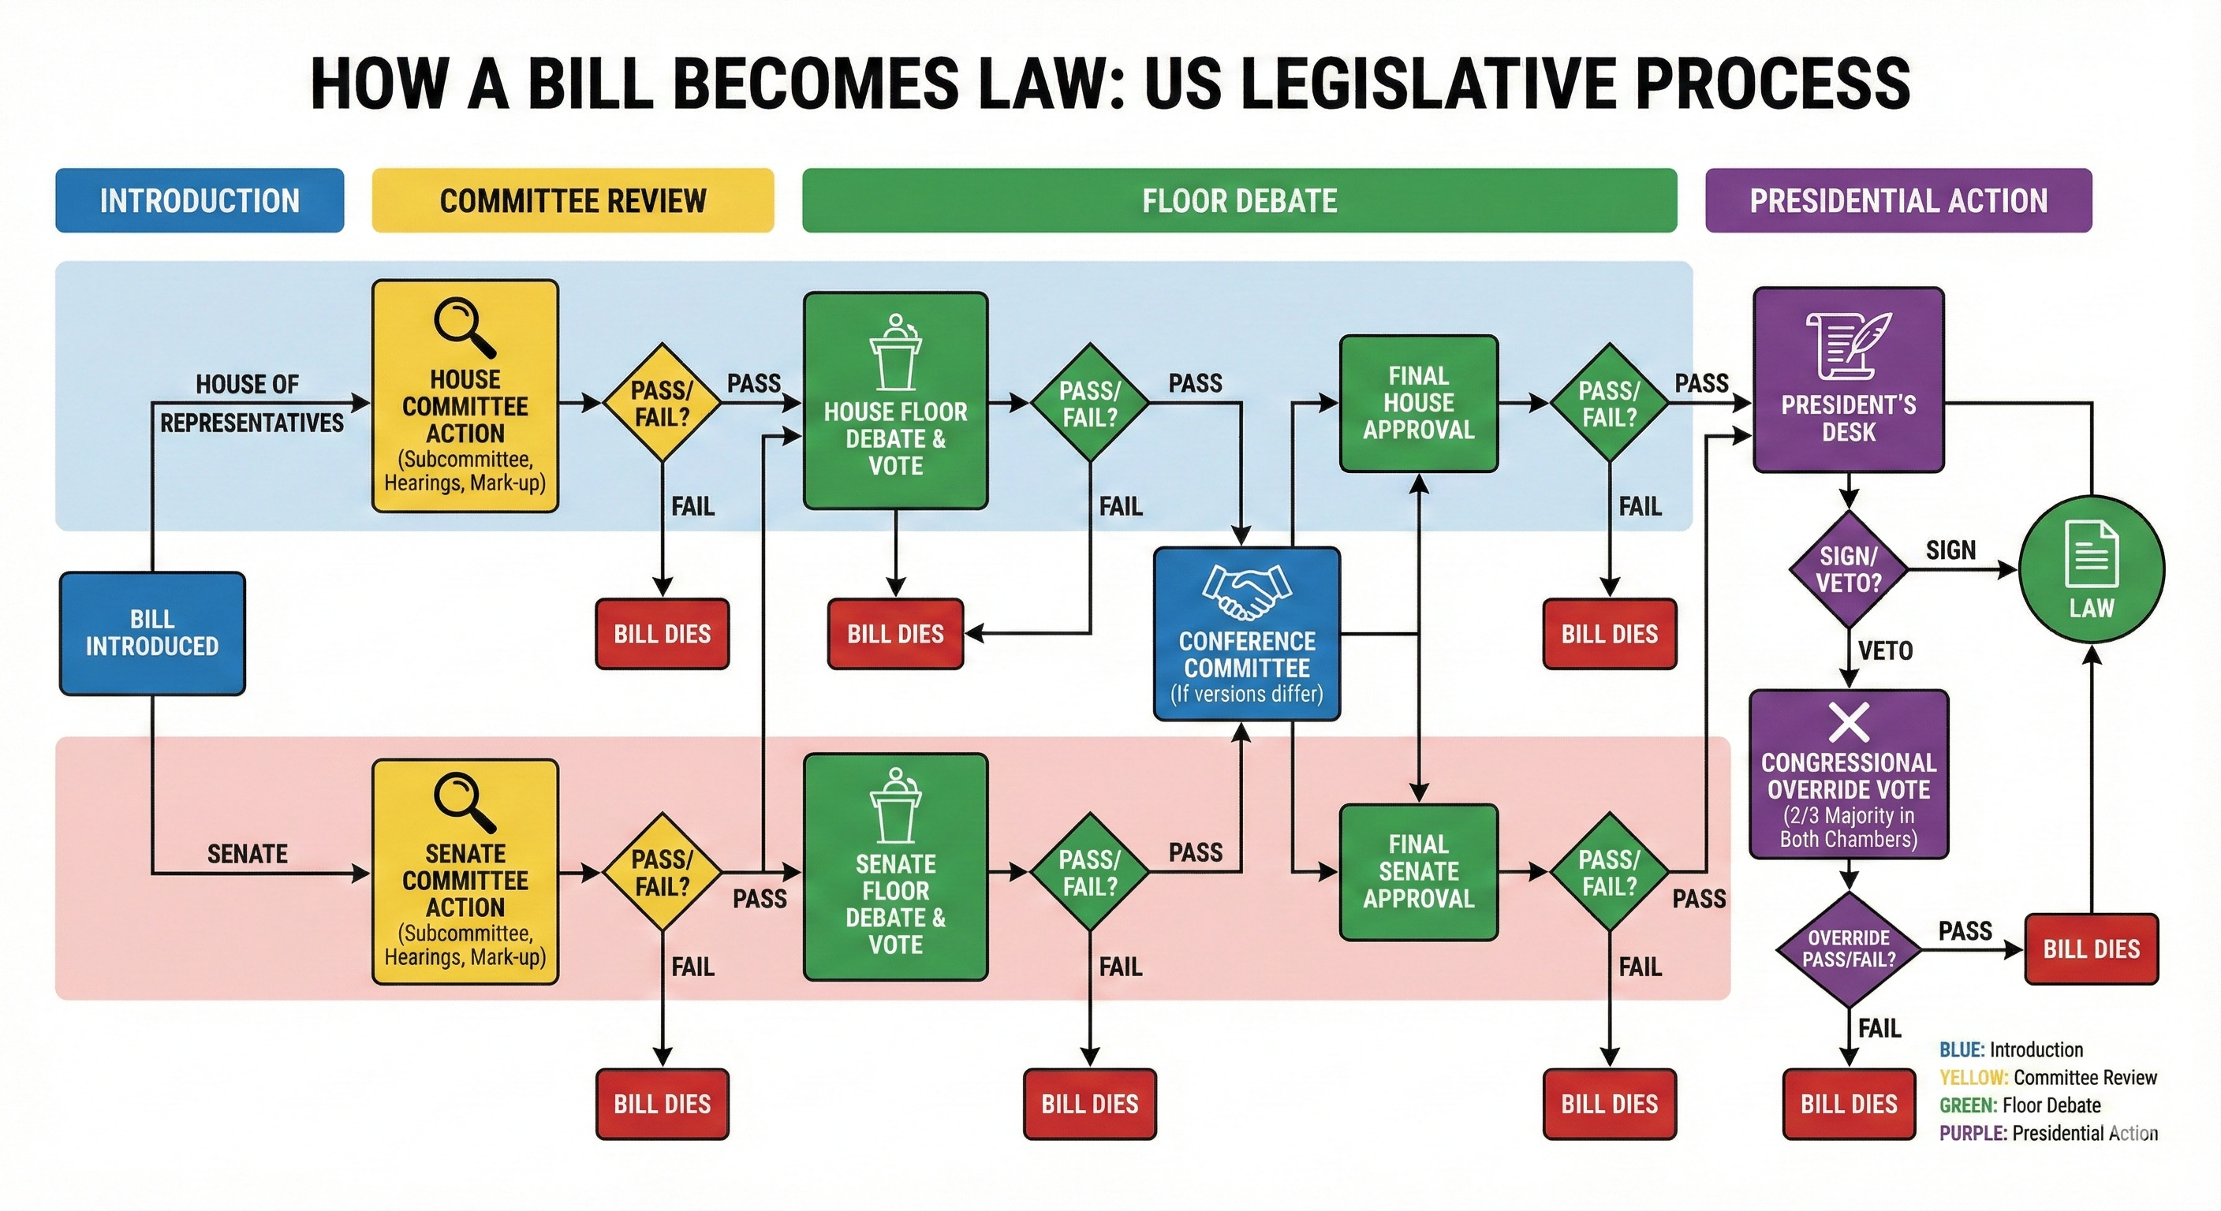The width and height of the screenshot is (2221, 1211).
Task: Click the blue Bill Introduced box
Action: [151, 632]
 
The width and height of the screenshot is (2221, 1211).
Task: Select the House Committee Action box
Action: [465, 397]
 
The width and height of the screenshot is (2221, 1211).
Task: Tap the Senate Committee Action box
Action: [465, 871]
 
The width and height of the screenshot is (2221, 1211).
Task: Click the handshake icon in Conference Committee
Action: [1247, 592]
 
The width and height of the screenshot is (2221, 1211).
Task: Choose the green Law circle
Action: [2092, 569]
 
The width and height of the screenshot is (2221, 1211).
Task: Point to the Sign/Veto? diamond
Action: [1849, 570]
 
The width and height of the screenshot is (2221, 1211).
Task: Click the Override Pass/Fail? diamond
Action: [1849, 949]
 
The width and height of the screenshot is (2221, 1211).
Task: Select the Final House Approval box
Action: [1418, 404]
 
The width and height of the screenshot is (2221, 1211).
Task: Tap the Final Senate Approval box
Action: [1418, 871]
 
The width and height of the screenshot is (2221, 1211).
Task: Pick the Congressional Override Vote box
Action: [1849, 774]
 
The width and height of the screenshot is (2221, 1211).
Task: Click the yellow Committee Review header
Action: [573, 201]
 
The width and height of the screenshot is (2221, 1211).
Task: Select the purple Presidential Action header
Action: [1898, 201]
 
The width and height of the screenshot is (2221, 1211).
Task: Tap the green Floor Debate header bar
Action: [1239, 201]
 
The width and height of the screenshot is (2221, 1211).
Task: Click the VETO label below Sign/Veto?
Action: [1886, 650]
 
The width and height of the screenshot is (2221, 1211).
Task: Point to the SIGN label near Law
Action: [1951, 550]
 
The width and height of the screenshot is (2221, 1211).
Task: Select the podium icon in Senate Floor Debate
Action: [896, 805]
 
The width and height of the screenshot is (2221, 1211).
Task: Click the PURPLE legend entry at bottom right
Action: [2047, 1134]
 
